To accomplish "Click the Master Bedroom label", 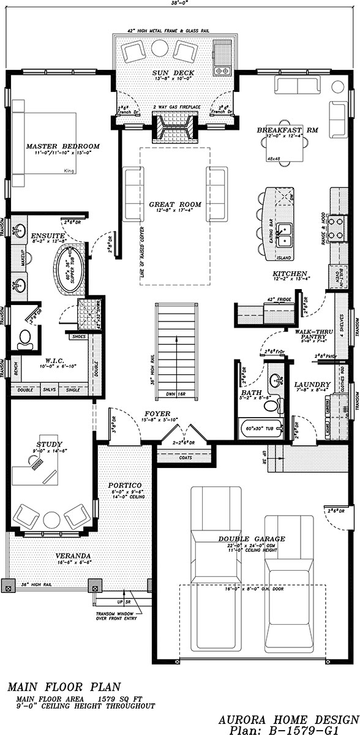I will [x=62, y=146].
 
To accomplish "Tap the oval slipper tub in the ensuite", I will [x=69, y=266].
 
